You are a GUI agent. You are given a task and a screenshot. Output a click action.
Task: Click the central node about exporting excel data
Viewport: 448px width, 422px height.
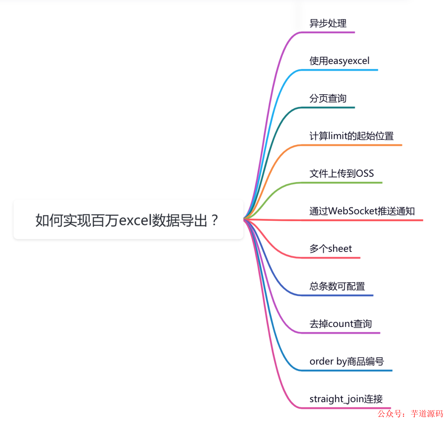pyautogui.click(x=128, y=220)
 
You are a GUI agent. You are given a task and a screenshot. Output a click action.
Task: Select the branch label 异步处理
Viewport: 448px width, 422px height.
pyautogui.click(x=328, y=23)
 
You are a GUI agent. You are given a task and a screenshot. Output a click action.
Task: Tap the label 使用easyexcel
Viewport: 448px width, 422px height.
pyautogui.click(x=339, y=61)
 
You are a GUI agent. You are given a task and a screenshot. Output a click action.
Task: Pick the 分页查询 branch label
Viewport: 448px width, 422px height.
pyautogui.click(x=328, y=98)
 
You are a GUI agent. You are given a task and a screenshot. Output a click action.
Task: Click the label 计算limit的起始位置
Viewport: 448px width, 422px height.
pyautogui.click(x=351, y=136)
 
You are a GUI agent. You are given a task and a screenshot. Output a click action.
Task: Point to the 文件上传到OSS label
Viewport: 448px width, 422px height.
pyautogui.click(x=341, y=173)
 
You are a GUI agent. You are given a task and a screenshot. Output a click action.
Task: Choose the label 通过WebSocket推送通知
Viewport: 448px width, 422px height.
pyautogui.click(x=362, y=211)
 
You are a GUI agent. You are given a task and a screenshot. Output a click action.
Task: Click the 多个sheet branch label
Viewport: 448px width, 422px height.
pyautogui.click(x=330, y=249)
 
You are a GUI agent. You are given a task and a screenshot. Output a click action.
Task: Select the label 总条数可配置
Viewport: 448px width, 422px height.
pyautogui.click(x=337, y=286)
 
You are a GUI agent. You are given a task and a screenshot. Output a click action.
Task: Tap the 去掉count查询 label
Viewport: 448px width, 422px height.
pyautogui.click(x=341, y=324)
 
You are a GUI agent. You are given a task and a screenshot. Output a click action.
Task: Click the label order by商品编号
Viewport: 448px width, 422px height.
pyautogui.click(x=346, y=361)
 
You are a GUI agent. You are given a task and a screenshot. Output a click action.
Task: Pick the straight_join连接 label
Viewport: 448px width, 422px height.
pyautogui.click(x=346, y=399)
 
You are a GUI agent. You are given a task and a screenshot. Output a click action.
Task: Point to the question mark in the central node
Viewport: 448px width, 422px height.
pyautogui.click(x=214, y=220)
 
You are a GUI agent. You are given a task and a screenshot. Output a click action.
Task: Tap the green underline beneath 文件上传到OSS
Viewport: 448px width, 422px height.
pyautogui.click(x=344, y=183)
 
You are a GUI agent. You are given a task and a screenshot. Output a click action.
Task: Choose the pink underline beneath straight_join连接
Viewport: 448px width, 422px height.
pyautogui.click(x=348, y=408)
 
